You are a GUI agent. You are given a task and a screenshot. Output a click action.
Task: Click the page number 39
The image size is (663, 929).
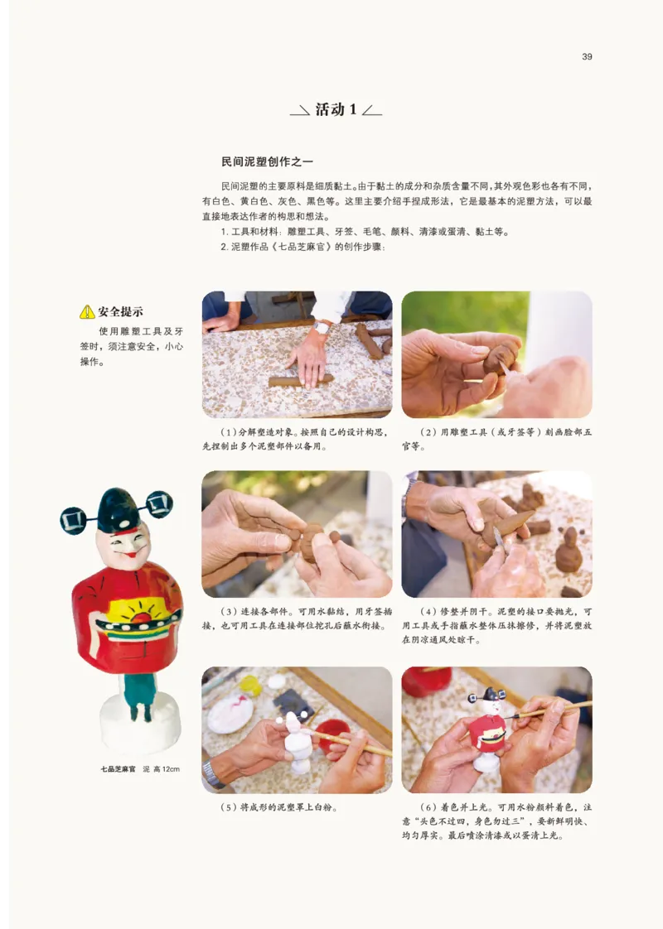[x=587, y=56]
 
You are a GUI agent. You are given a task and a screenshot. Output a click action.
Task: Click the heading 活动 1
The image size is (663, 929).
[x=336, y=109]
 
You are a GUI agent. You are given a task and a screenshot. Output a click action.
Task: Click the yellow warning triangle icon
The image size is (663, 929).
[x=87, y=312]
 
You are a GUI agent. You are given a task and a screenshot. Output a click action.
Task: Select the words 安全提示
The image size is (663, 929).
[x=121, y=312]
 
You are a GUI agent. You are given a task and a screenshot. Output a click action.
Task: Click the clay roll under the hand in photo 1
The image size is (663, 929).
[x=300, y=380]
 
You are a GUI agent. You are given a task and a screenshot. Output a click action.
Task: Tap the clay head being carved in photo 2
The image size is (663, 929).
[x=500, y=358]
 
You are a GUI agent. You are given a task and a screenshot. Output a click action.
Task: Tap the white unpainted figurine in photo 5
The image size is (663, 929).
[x=297, y=742]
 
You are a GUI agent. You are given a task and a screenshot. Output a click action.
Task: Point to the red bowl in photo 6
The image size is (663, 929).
[x=427, y=681]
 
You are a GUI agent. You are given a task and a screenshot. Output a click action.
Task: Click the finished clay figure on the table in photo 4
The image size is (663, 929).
[x=569, y=551]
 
